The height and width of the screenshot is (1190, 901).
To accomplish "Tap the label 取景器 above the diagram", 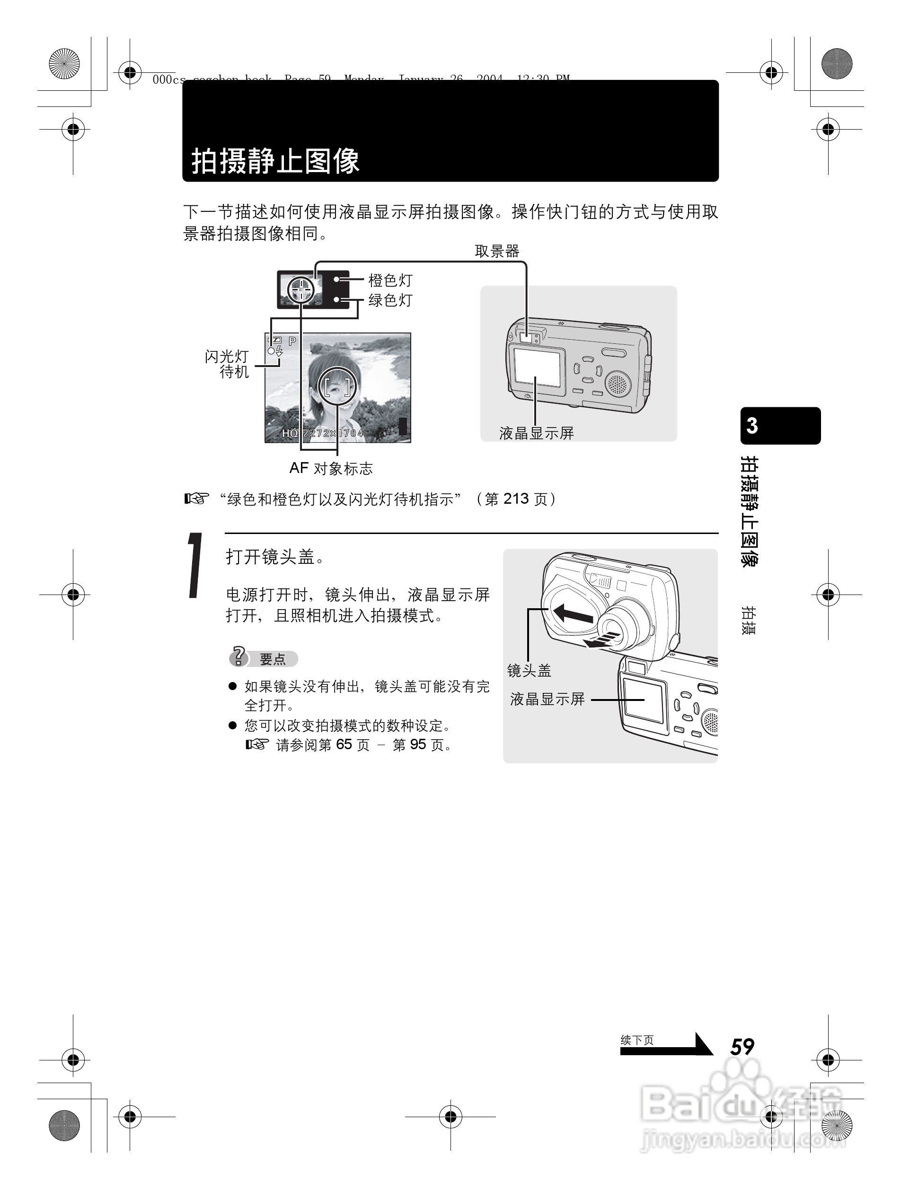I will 496,251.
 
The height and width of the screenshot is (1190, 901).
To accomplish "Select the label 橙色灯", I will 390,280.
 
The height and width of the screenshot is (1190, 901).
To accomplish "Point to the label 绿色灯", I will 390,300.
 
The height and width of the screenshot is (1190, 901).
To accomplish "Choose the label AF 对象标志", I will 330,468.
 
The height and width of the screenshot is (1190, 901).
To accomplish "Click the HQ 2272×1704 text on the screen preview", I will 322,433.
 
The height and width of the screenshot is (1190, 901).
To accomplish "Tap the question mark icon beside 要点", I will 238,657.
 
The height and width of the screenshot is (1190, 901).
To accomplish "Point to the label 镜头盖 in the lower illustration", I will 529,670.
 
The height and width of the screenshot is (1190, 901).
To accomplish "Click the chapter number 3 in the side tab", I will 752,426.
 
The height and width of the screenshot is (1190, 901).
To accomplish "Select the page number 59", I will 742,1047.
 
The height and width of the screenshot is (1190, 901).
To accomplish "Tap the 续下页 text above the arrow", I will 637,1040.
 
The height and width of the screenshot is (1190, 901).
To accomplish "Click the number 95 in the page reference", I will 418,744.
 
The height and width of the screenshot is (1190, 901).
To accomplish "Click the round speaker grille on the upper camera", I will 618,383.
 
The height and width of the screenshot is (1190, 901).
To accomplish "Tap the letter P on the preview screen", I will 292,341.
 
